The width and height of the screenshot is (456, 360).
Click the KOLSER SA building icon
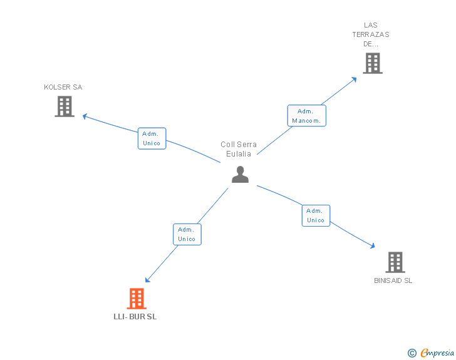[x=65, y=106]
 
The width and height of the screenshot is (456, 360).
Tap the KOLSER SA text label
[x=63, y=87]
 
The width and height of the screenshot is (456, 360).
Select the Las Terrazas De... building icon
[x=372, y=63]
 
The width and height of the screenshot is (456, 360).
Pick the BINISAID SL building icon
[x=395, y=262]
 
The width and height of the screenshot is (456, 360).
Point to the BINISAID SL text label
[x=393, y=280]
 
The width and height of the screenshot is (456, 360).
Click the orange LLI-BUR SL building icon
[x=137, y=299]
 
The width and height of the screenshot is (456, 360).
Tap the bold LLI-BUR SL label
[x=135, y=317]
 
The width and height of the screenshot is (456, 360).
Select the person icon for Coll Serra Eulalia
[x=240, y=175]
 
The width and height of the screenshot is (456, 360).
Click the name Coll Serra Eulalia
[x=239, y=149]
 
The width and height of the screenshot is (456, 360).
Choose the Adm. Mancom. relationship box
[x=306, y=116]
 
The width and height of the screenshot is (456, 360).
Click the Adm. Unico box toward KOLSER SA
[x=152, y=138]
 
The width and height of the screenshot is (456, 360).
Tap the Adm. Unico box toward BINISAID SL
[x=316, y=215]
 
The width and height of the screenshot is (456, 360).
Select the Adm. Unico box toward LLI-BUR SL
[x=187, y=234]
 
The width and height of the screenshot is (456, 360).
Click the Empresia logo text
[x=437, y=353]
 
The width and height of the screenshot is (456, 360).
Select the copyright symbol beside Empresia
[x=412, y=353]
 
